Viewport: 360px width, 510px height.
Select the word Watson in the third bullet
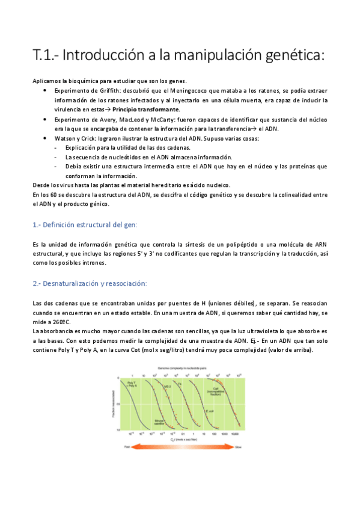(x=67, y=138)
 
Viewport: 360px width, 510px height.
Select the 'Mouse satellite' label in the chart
(x=159, y=423)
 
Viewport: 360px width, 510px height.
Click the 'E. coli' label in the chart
(x=210, y=411)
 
